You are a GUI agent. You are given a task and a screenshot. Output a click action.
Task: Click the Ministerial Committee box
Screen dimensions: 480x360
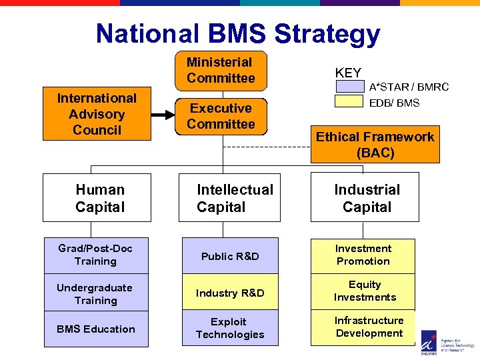pos(221,71)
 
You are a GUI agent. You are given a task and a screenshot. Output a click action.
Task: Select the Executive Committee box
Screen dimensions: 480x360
pos(221,116)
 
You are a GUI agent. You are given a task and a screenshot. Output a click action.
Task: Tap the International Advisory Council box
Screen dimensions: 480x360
pos(97,114)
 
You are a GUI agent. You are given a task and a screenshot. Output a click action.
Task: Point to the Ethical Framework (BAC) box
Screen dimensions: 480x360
pos(375,145)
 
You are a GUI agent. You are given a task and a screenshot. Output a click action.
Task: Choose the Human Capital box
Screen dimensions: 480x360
pos(97,197)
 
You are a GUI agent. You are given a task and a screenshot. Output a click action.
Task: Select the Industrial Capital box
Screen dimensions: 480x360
pos(365,197)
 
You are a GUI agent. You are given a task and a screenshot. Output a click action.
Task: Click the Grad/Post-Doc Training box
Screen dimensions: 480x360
pos(96,255)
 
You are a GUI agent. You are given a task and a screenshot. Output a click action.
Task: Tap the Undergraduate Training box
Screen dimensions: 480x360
pos(96,293)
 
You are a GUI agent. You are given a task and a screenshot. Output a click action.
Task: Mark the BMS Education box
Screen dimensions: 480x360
pos(96,329)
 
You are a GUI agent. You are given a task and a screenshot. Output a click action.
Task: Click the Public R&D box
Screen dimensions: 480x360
pos(230,256)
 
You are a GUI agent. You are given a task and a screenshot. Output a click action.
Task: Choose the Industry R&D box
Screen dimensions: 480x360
pos(230,293)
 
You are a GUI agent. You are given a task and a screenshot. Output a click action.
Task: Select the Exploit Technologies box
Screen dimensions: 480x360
pos(230,328)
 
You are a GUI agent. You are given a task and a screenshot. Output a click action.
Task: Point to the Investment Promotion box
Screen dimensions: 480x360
pos(363,255)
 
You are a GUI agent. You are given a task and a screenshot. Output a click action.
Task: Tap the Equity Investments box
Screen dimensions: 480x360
pos(363,291)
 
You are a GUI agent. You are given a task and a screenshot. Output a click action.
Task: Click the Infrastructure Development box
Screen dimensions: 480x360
pos(363,327)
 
